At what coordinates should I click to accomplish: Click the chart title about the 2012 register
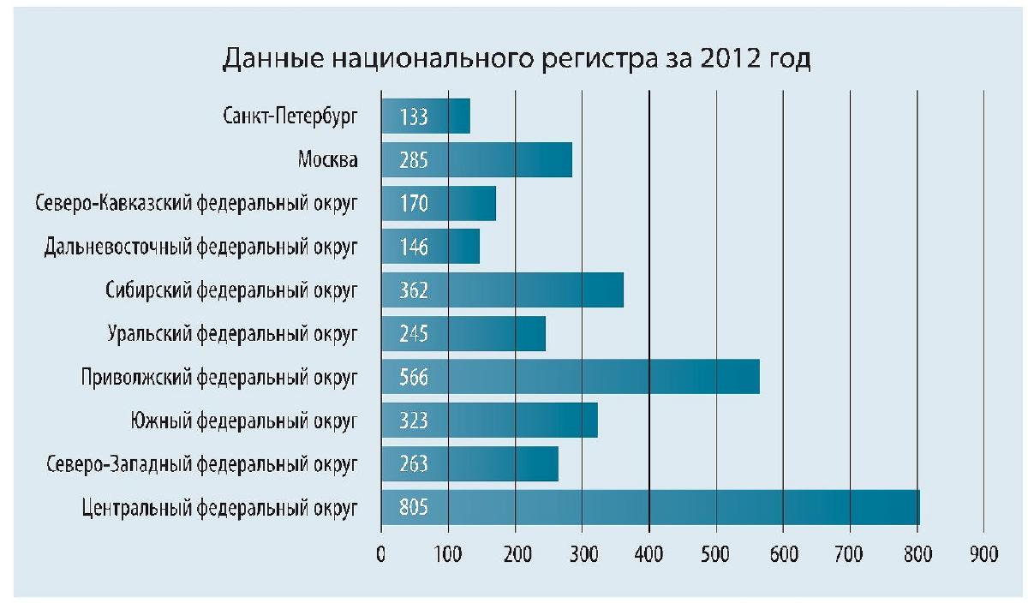[x=516, y=61]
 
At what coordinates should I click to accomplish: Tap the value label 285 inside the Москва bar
[x=413, y=160]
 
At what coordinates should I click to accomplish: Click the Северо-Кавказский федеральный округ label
[x=196, y=204]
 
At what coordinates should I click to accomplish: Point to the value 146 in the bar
[x=413, y=248]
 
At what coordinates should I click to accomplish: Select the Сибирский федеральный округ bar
[x=502, y=290]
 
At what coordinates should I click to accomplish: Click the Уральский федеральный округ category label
[x=232, y=334]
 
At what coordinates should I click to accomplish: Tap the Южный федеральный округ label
[x=244, y=421]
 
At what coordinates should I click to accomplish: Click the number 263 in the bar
[x=413, y=464]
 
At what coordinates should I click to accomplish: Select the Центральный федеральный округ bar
[x=650, y=507]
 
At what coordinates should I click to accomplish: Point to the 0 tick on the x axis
[x=381, y=554]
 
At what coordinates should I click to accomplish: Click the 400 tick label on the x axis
[x=648, y=554]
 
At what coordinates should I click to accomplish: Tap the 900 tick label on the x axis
[x=983, y=554]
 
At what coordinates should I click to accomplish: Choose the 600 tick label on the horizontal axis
[x=783, y=554]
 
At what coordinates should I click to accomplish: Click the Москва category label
[x=328, y=160]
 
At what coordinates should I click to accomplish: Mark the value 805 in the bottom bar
[x=413, y=508]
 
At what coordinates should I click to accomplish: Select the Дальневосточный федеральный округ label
[x=200, y=248]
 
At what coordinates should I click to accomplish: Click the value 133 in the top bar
[x=413, y=116]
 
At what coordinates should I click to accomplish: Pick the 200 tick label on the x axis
[x=515, y=554]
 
